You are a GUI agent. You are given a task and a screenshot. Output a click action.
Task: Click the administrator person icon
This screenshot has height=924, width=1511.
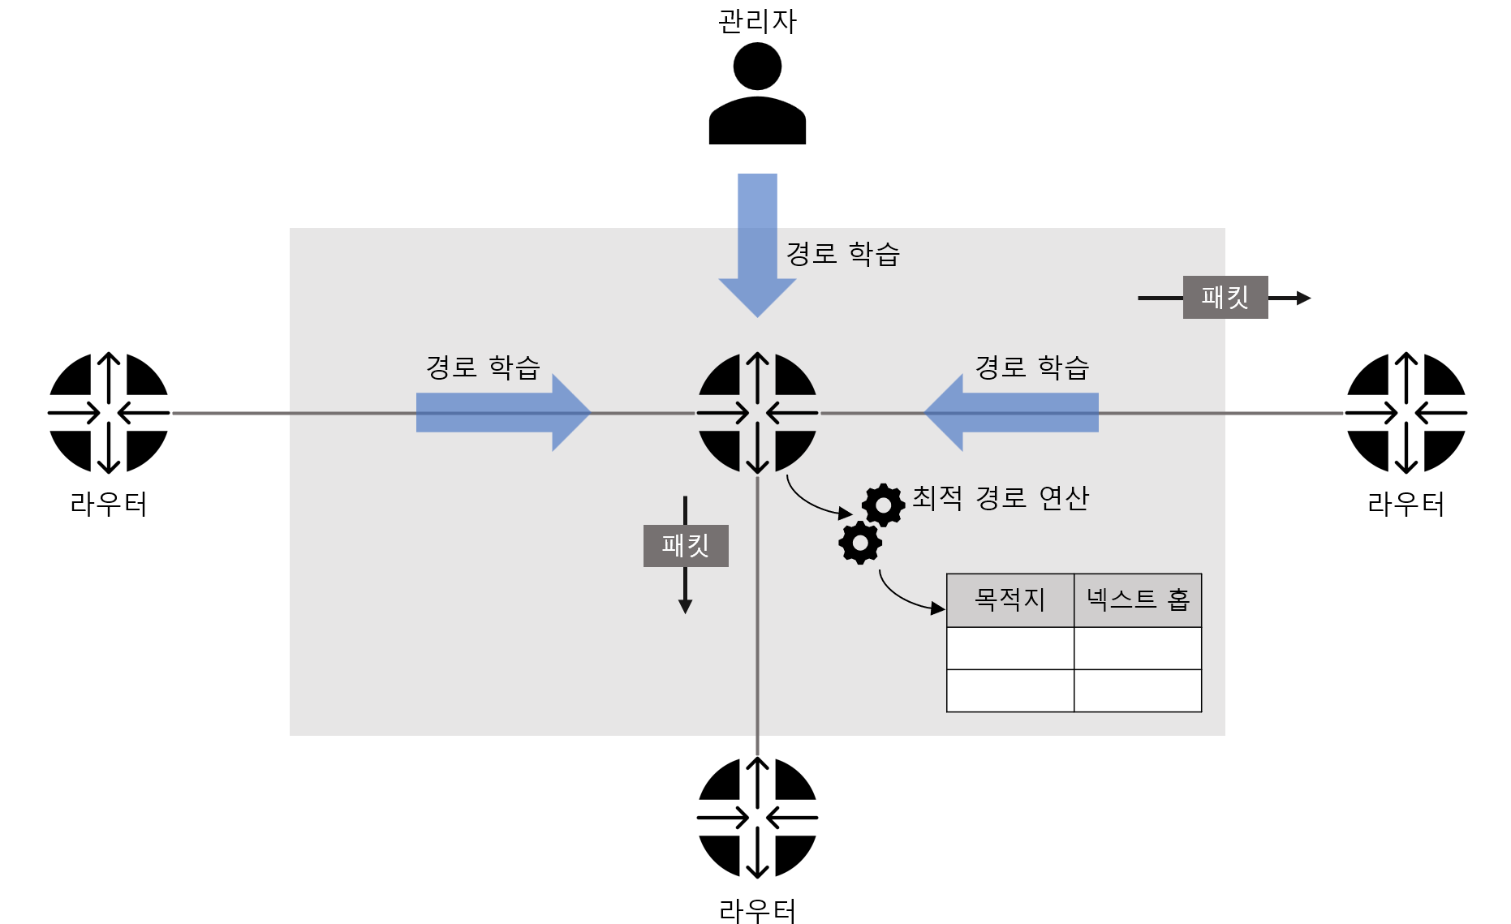pyautogui.click(x=757, y=95)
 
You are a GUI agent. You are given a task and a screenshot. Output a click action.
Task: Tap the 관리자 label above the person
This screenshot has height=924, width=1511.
pyautogui.click(x=757, y=21)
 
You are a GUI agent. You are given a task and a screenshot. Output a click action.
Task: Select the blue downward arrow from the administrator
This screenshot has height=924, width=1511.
pyautogui.click(x=757, y=243)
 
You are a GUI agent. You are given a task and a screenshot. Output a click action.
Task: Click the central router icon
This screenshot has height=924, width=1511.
pyautogui.click(x=757, y=412)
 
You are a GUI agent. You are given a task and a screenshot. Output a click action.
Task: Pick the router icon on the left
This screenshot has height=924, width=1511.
pyautogui.click(x=109, y=412)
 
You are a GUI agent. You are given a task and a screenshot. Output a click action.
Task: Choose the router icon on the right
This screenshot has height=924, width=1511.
pyautogui.click(x=1406, y=412)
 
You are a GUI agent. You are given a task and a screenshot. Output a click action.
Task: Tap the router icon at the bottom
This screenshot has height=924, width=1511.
pyautogui.click(x=757, y=817)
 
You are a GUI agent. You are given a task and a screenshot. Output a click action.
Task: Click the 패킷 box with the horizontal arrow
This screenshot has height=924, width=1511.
pyautogui.click(x=1225, y=297)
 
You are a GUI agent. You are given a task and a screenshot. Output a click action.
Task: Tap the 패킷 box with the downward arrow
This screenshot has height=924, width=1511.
pyautogui.click(x=686, y=545)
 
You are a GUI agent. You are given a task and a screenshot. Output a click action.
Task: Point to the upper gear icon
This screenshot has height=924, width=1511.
pyautogui.click(x=883, y=505)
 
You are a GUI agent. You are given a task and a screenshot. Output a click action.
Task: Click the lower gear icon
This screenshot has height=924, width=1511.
pyautogui.click(x=860, y=543)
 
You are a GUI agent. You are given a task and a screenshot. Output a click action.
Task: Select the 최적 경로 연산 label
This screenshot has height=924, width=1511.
pyautogui.click(x=1000, y=497)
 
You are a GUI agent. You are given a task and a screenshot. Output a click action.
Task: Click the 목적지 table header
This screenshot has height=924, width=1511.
pyautogui.click(x=1010, y=600)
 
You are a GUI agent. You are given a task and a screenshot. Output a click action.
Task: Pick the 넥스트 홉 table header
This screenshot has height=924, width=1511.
pyautogui.click(x=1138, y=600)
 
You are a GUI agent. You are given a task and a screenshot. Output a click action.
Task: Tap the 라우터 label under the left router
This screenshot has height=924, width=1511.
pyautogui.click(x=109, y=505)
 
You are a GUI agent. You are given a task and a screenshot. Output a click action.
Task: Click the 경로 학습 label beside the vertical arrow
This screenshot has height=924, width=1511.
pyautogui.click(x=843, y=254)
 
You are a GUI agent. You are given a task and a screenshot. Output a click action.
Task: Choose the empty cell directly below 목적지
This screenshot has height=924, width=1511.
pyautogui.click(x=1010, y=648)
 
